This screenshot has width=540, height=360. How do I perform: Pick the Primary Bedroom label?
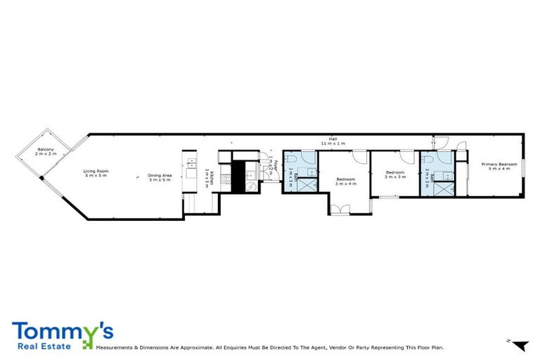point(499,167)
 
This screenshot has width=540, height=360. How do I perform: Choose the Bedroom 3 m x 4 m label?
point(345,181)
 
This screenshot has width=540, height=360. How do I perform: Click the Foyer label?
point(273,168)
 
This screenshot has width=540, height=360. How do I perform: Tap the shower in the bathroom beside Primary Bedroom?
point(443,188)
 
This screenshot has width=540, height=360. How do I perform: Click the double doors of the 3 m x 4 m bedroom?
point(340,209)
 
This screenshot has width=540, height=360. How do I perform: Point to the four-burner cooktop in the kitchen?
point(226,179)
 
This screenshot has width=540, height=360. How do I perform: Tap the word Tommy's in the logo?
point(62,331)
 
